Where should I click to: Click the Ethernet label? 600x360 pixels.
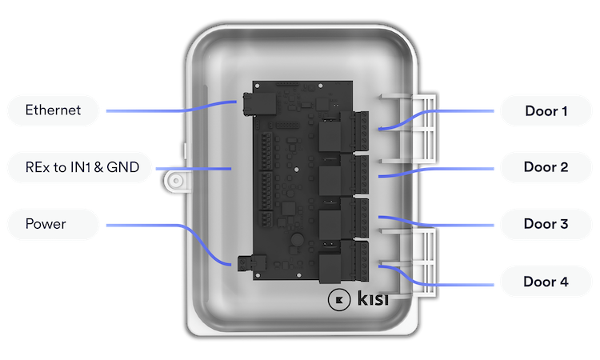[x=53, y=111]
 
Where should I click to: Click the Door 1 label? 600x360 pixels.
[x=546, y=111]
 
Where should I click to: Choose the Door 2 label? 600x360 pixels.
[x=546, y=168]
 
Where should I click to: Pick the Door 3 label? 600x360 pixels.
[x=546, y=225]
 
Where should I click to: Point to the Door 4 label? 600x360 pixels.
[x=546, y=282]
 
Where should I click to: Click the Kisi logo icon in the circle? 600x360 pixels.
[x=338, y=300]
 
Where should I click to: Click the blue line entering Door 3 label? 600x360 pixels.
[x=464, y=225]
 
